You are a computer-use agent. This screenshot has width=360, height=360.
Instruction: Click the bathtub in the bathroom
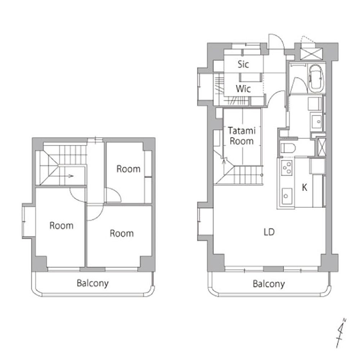coord(316,78)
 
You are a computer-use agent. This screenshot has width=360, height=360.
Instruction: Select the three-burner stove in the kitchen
coord(287,168)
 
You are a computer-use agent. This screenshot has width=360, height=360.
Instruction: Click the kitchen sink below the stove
coord(287,196)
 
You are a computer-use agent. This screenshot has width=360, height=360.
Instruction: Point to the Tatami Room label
coord(242,136)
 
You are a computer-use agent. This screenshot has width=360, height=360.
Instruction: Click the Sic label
coord(243,64)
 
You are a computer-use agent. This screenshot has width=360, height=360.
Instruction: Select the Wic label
coord(243,89)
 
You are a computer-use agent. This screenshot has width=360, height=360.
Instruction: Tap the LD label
coord(269,232)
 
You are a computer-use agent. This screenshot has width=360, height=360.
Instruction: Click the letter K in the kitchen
coord(305,187)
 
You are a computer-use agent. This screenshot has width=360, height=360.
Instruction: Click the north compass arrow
coord(341,333)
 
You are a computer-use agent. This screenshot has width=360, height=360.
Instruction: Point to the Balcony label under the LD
coord(269,284)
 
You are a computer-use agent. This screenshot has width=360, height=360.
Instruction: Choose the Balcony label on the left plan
coord(93,283)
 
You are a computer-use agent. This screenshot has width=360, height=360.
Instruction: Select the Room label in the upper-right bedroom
coord(129,169)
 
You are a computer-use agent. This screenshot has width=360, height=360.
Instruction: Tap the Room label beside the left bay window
coord(62,226)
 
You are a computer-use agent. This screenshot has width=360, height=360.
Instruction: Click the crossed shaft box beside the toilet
coord(321,147)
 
